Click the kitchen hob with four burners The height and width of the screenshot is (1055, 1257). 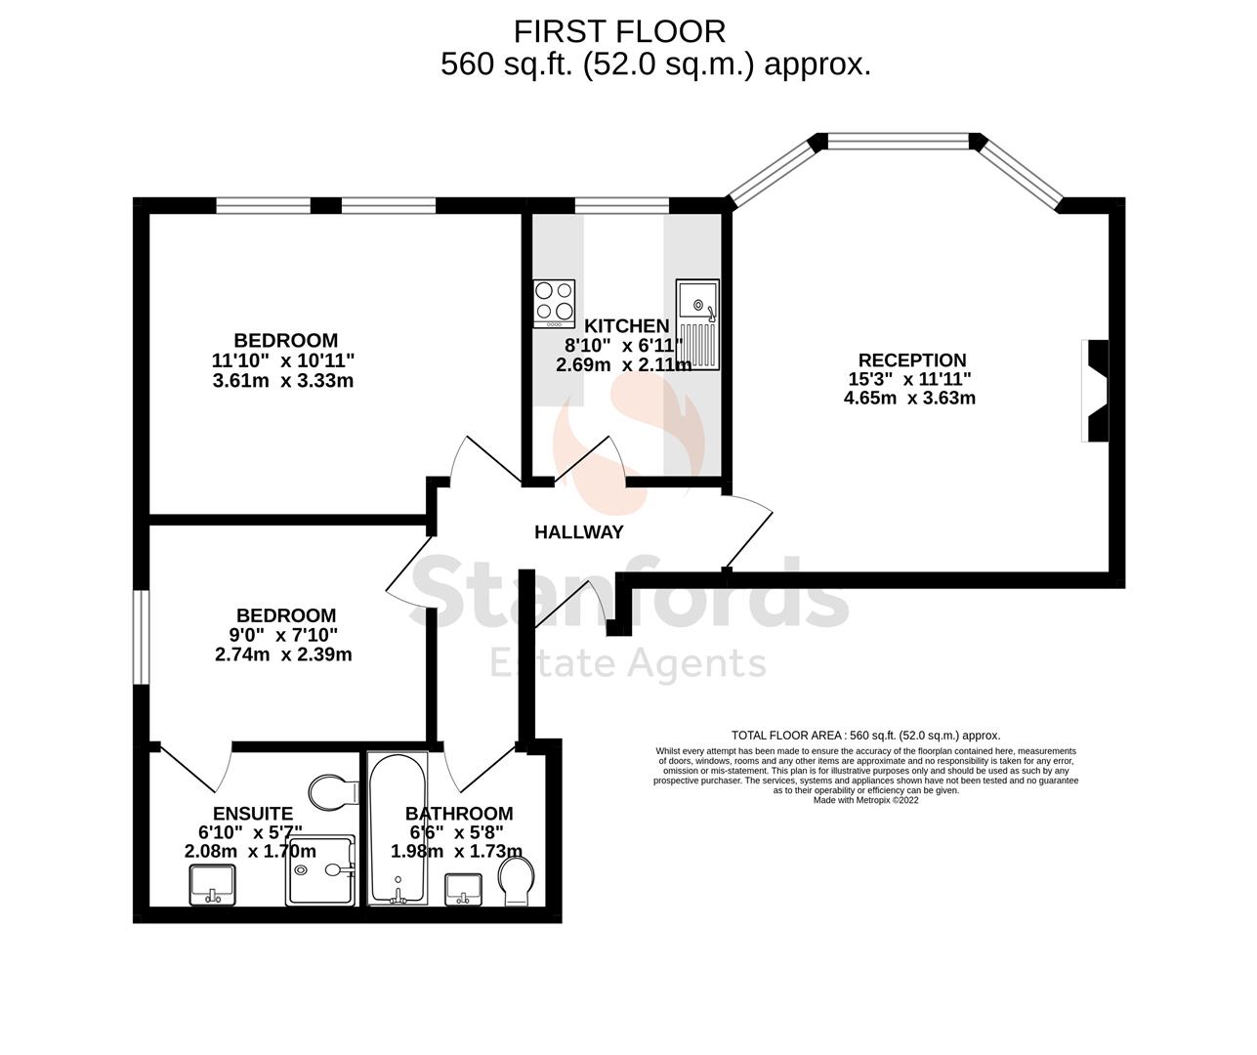click(554, 303)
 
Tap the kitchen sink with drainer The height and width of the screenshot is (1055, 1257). click(697, 324)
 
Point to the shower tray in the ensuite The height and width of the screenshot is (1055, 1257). click(321, 870)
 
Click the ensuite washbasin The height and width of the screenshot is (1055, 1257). click(211, 885)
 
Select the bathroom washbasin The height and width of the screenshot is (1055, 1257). click(463, 889)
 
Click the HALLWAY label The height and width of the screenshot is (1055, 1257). click(578, 532)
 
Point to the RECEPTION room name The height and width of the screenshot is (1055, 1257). click(911, 360)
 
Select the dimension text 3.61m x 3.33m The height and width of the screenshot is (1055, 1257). click(282, 381)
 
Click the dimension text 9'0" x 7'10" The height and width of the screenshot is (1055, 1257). click(282, 635)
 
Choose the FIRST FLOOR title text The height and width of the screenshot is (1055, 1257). click(619, 31)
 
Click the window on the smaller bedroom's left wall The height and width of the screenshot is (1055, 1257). click(142, 637)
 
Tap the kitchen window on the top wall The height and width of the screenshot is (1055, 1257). click(621, 204)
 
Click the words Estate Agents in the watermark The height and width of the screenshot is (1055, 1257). click(627, 663)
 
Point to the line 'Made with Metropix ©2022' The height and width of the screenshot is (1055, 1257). click(865, 799)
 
